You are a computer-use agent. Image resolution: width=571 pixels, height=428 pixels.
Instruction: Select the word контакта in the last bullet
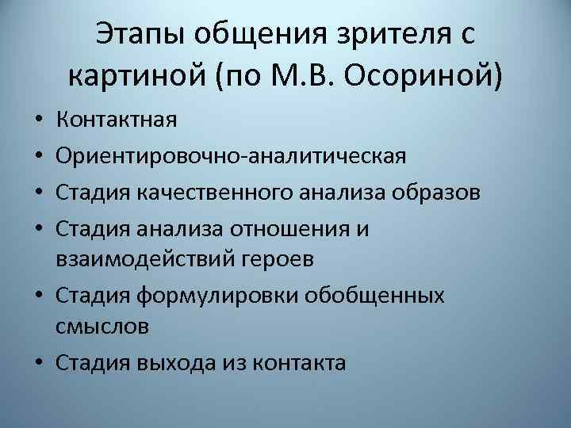click(x=299, y=362)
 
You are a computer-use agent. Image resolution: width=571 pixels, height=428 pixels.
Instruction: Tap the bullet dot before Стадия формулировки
click(x=40, y=294)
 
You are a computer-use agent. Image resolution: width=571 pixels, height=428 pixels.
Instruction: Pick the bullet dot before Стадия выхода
click(x=40, y=363)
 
